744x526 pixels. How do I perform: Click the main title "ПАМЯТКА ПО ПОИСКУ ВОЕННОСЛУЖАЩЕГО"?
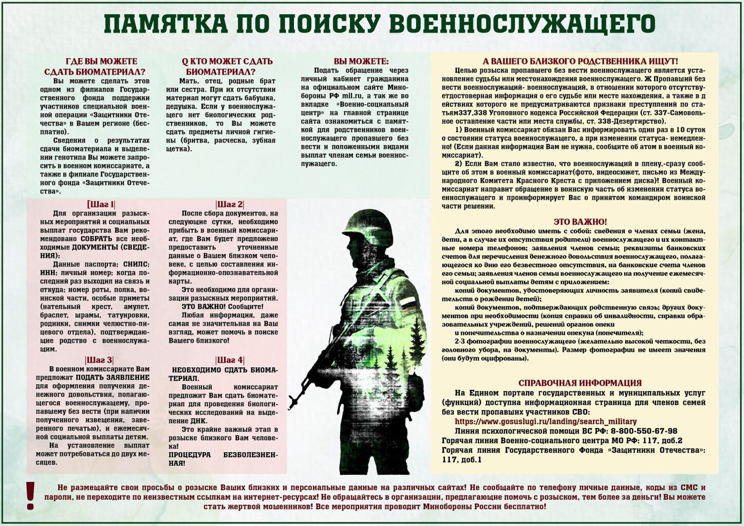(x=379, y=25)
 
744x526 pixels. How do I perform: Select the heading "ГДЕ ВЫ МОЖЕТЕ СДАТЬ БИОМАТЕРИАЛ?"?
(x=95, y=67)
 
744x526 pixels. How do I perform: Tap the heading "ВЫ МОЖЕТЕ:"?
(x=361, y=61)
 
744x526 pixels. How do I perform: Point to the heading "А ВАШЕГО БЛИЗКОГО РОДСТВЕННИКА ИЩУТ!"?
(x=580, y=61)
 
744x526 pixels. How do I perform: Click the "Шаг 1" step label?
(x=101, y=204)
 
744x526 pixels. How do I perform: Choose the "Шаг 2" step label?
(x=230, y=204)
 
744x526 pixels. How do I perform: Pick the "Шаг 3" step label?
(x=99, y=360)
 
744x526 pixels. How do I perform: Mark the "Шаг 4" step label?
(x=230, y=360)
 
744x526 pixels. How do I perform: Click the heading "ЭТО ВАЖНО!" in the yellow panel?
(x=580, y=222)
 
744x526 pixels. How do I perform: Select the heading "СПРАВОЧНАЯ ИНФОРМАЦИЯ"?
(x=580, y=383)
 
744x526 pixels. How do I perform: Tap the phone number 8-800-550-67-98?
(x=644, y=431)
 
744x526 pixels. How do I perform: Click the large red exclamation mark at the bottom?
(x=30, y=496)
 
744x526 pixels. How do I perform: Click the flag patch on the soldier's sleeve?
(x=407, y=304)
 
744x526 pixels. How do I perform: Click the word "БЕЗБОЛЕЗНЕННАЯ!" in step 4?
(x=223, y=459)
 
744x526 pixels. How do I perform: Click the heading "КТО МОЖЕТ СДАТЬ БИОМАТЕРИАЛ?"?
(x=227, y=67)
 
